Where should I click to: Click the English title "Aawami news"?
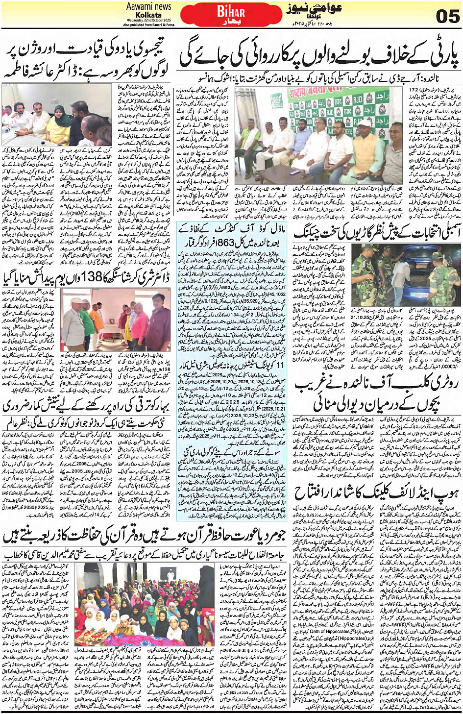pyautogui.click(x=148, y=6)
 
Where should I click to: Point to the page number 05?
pyautogui.click(x=447, y=16)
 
